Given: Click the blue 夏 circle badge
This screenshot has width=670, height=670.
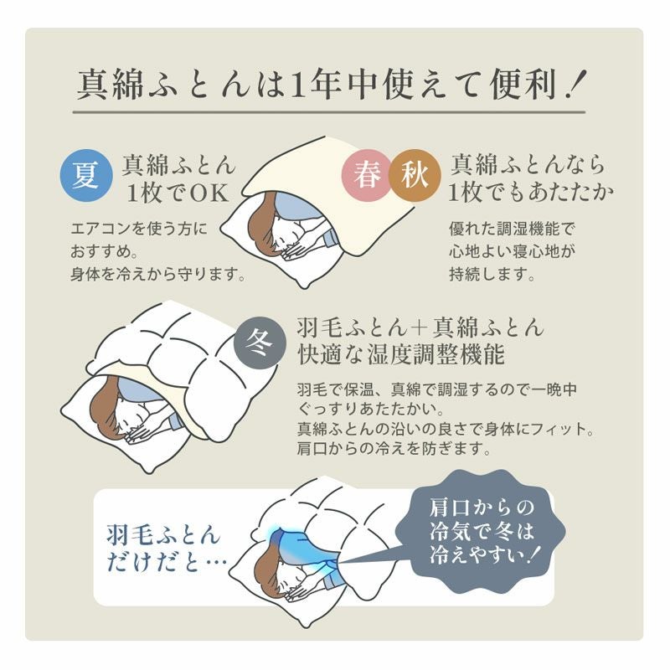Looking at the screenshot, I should coord(85,176).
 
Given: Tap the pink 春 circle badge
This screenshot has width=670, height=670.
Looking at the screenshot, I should coord(366,176).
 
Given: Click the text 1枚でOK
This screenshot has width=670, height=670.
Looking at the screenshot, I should coord(178,193).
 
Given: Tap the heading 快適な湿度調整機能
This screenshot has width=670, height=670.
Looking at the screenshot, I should coord(401,355).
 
